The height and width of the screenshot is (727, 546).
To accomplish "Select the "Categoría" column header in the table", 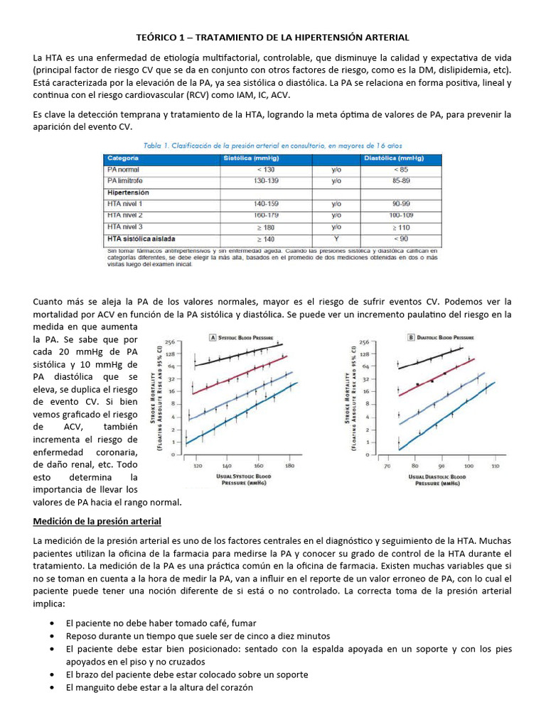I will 124,159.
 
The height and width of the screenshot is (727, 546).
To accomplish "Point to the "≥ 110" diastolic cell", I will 400,226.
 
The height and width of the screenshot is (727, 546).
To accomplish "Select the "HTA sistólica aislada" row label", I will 141,239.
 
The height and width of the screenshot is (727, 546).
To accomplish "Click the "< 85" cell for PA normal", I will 400,170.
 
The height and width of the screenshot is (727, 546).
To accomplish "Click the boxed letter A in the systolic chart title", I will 212,337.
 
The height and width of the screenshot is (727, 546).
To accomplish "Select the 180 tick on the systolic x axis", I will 289,466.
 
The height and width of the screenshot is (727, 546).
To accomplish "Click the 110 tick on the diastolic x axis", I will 495,466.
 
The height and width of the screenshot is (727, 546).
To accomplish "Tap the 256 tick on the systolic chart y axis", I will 171,341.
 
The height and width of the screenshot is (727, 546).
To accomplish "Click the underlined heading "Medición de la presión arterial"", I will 97,522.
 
